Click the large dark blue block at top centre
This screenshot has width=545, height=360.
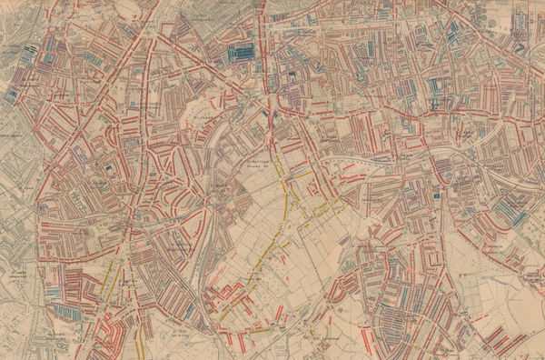242,53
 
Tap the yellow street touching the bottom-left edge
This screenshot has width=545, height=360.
138,346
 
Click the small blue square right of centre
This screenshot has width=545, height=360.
437,195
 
